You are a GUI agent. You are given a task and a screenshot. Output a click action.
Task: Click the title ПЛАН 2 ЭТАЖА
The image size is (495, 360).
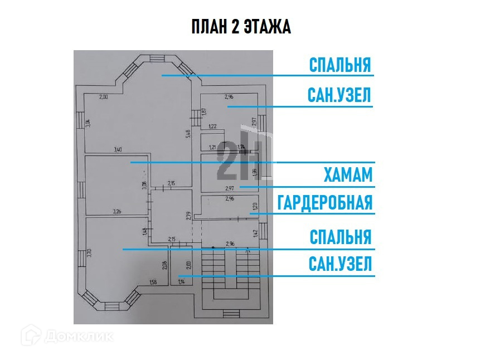[x=241, y=27]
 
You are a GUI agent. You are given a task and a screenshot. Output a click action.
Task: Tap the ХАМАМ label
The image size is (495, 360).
[x=347, y=175]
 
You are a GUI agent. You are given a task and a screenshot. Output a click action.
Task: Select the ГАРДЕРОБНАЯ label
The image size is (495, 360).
[x=324, y=202]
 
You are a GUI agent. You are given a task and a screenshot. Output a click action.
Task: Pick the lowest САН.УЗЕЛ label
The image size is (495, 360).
[x=340, y=264]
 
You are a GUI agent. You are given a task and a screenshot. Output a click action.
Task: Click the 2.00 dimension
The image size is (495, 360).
[x=104, y=98]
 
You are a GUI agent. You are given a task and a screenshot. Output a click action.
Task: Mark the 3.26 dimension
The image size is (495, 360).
[x=117, y=211]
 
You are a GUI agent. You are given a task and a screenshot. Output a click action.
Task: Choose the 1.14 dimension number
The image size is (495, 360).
[x=181, y=282]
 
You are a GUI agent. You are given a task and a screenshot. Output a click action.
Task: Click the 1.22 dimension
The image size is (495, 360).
[x=212, y=127]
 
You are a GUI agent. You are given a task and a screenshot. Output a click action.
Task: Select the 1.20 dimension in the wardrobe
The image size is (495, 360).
[x=255, y=205]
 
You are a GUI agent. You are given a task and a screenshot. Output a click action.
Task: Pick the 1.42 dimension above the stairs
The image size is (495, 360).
[x=255, y=233]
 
